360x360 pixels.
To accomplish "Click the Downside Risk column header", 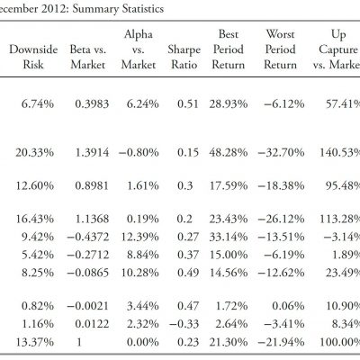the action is pos(33,57).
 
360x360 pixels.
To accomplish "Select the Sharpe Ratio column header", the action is pos(184,57).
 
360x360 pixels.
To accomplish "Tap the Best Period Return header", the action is pos(229,49).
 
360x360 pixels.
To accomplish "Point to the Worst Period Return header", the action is pos(280,49).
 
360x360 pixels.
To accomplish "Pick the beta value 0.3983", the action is pos(92,104).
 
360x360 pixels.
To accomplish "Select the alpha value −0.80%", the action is pos(139,152).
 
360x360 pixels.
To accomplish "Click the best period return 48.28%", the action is pos(229,152).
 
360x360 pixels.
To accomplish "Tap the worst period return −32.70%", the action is pos(281,152).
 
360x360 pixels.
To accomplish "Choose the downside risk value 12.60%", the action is pos(35,185).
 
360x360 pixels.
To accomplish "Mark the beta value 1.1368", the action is pos(92,219).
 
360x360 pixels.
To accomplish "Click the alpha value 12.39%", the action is pos(139,237).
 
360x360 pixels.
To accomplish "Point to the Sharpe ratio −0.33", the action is pos(184,324).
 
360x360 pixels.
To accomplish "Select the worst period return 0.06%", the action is pos(288,306).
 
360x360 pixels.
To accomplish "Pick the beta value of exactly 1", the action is pos(79,342).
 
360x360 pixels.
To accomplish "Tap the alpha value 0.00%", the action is pos(142,342).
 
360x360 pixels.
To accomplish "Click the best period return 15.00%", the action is pos(229,255).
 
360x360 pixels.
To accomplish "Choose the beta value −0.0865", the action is pos(87,273).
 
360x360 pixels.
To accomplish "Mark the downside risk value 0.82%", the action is pos(38,306).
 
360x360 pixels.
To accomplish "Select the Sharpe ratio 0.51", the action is pos(188,104).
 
